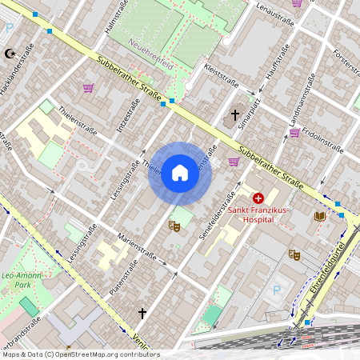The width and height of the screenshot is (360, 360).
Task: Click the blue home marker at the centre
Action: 180,173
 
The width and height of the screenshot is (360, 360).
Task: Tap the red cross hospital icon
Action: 258,198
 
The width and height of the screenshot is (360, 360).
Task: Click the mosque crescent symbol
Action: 10,54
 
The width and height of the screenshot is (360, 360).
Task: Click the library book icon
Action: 320,216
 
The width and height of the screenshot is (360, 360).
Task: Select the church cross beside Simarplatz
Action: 235,116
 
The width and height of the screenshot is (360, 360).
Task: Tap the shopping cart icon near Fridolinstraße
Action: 294,133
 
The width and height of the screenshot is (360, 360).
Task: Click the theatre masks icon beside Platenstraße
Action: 174,226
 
